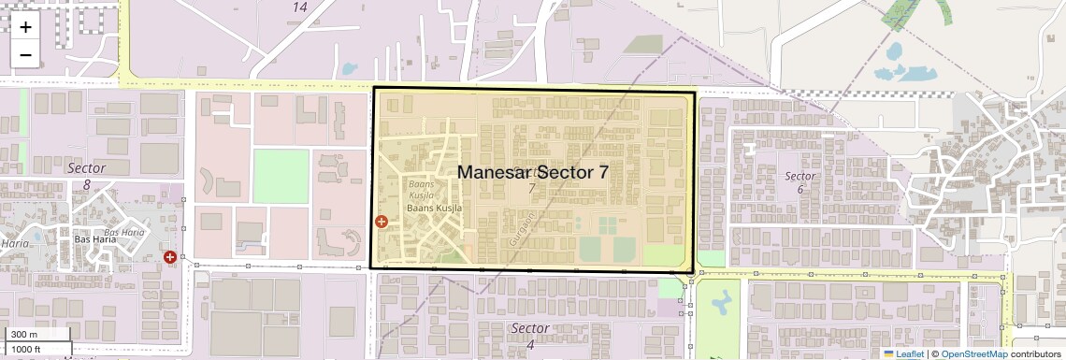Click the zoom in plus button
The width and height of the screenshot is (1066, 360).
tap(25, 27)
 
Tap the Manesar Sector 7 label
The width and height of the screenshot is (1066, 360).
tap(533, 173)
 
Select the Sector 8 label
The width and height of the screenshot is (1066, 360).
tap(86, 176)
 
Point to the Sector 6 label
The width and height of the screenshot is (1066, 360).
tap(800, 182)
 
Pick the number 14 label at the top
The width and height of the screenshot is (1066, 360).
tap(299, 7)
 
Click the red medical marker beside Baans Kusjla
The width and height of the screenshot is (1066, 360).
tap(382, 222)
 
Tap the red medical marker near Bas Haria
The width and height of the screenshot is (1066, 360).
tap(170, 256)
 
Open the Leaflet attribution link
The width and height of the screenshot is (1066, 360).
tap(904, 353)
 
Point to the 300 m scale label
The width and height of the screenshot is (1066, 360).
tap(24, 335)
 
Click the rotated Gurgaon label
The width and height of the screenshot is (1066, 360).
tap(515, 227)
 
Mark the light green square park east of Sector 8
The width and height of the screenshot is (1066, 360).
tap(281, 176)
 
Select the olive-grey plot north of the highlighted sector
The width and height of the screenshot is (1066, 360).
tap(643, 44)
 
